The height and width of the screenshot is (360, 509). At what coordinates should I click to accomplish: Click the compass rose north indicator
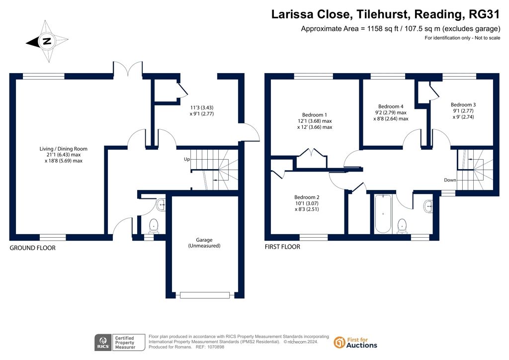pyautogui.click(x=47, y=41)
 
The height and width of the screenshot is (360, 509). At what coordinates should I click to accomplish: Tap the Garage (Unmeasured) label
pyautogui.click(x=204, y=243)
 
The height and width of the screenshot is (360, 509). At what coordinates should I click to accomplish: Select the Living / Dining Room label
pyautogui.click(x=64, y=155)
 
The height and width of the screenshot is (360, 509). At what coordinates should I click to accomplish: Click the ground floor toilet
pyautogui.click(x=153, y=226)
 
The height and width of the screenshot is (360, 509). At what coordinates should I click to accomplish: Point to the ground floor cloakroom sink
pyautogui.click(x=161, y=205)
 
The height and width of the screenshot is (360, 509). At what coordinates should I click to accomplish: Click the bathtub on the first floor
pyautogui.click(x=383, y=214)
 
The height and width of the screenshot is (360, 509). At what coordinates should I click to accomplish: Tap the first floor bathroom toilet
pyautogui.click(x=402, y=226)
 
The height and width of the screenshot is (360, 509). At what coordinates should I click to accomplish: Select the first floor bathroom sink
pyautogui.click(x=428, y=206)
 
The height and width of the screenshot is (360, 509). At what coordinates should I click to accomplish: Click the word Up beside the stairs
pyautogui.click(x=187, y=160)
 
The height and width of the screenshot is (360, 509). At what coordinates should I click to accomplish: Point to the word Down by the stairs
pyautogui.click(x=450, y=180)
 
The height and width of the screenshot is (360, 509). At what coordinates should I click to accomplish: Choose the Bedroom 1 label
pyautogui.click(x=315, y=121)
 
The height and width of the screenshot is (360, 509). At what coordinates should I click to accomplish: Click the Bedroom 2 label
pyautogui.click(x=307, y=203)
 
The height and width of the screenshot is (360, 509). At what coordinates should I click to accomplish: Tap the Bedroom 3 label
pyautogui.click(x=463, y=111)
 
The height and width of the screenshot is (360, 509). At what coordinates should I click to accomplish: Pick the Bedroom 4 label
pyautogui.click(x=391, y=112)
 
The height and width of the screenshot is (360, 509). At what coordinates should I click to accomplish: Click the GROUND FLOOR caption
pyautogui.click(x=32, y=248)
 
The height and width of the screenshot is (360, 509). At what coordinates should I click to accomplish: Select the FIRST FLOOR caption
pyautogui.click(x=282, y=247)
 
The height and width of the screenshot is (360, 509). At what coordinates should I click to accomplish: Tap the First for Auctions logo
pyautogui.click(x=355, y=343)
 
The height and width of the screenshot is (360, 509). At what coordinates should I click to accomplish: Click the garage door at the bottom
pyautogui.click(x=205, y=295)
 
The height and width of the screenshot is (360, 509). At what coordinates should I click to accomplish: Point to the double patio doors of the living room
pyautogui.click(x=128, y=68)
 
